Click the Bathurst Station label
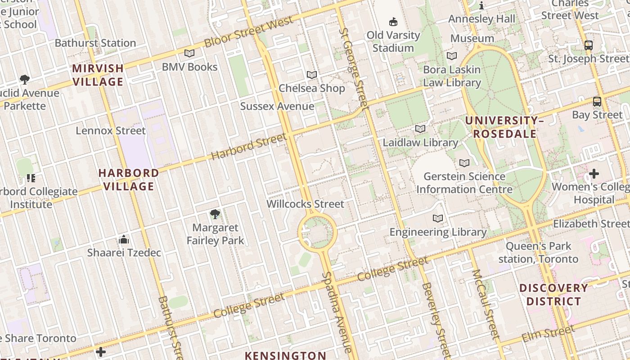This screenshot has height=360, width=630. [95, 43]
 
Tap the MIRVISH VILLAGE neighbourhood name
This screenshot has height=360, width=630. [98, 75]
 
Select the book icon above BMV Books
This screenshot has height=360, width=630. [189, 54]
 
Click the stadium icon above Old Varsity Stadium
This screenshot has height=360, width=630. [393, 22]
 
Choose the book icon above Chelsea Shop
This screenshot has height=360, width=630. [311, 75]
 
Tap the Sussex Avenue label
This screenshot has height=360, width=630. [277, 106]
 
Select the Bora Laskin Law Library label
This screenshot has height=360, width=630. [452, 76]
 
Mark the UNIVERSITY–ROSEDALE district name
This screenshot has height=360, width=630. [504, 127]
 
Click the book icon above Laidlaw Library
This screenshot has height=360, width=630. [420, 129]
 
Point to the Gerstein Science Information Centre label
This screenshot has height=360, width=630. [464, 183]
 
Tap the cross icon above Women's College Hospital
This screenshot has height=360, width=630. [594, 174]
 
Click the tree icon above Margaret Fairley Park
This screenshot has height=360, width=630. [215, 214]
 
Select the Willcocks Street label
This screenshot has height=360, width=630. [305, 204]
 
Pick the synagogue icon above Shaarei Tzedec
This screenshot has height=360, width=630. [124, 239]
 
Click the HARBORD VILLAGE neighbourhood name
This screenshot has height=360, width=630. [129, 180]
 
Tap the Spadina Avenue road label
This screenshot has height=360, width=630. [337, 312]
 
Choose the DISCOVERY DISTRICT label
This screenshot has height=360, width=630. [553, 295]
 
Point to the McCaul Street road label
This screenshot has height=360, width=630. [486, 304]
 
